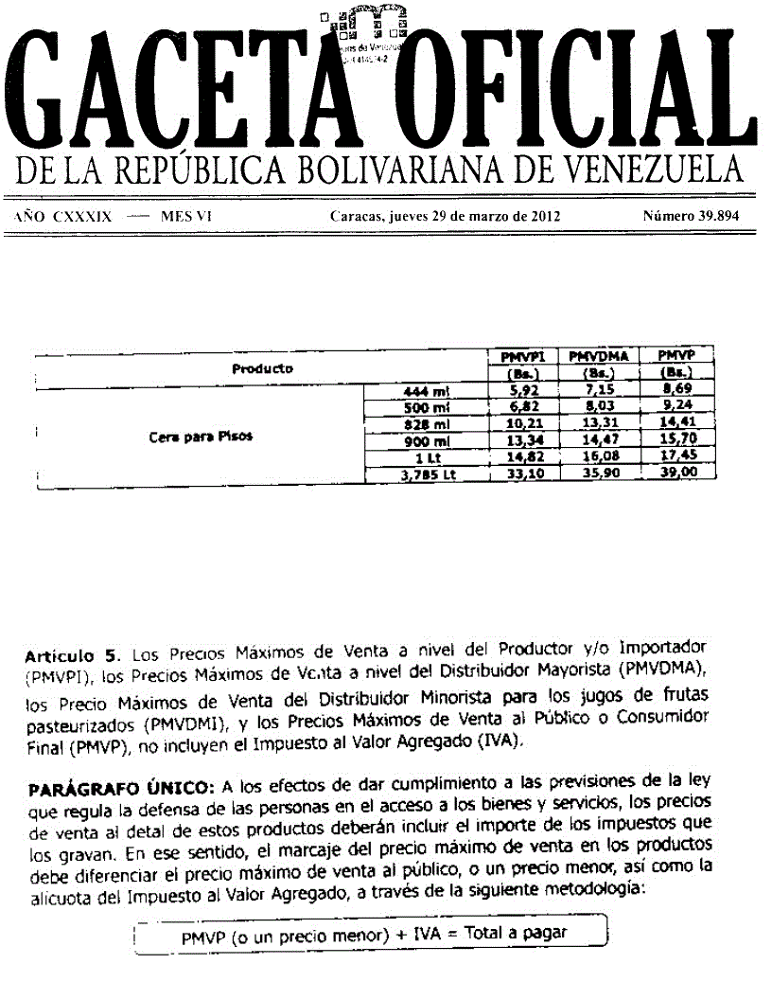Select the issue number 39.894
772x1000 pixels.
coord(691,216)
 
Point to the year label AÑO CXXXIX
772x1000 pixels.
coord(63,216)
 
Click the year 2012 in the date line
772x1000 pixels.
coord(543,216)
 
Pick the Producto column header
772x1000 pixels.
coord(262,368)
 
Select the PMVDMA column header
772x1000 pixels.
coord(599,355)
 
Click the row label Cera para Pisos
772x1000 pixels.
coord(201,437)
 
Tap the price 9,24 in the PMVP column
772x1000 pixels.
coord(675,407)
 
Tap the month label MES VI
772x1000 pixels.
coord(185,216)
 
